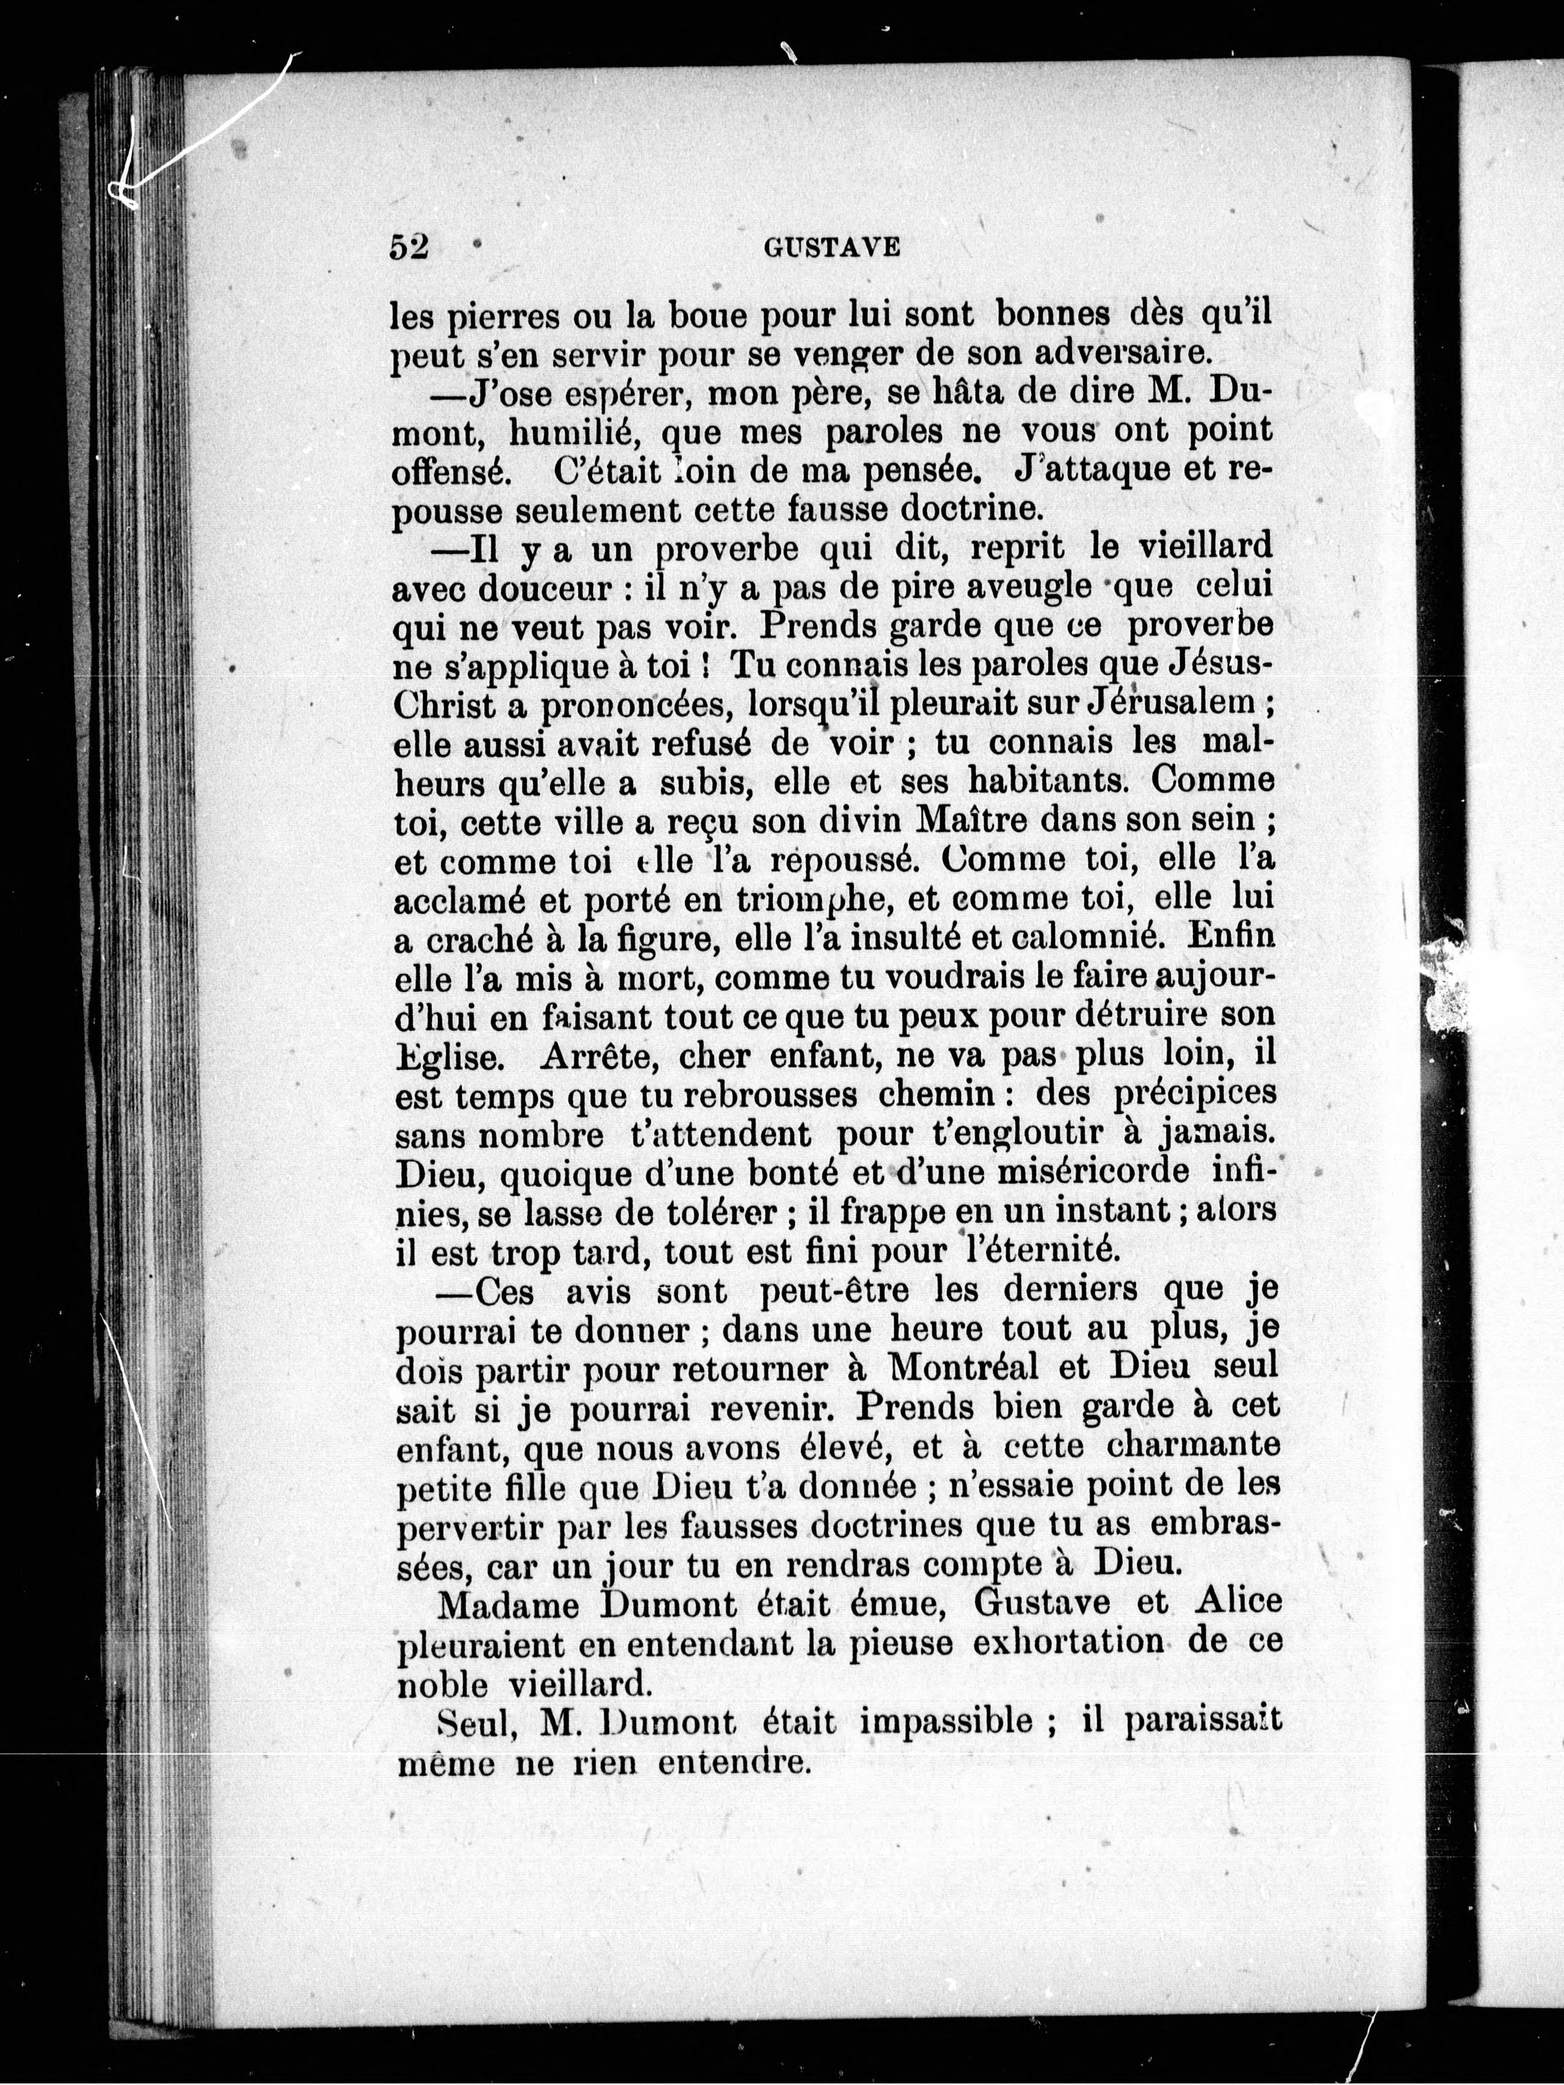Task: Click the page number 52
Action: pos(409,247)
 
